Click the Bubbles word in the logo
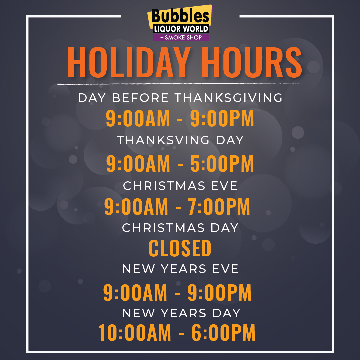pos(180,16)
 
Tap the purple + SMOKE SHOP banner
pos(181,37)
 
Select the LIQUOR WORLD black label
pos(181,29)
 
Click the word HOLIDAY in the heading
pos(129,62)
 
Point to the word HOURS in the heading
pos(252,62)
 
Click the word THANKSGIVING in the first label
pos(229,98)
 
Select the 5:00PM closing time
pos(222,163)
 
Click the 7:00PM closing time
pos(219,207)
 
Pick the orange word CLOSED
pos(180,248)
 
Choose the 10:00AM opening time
pos(135,332)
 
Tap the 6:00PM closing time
pos(223,332)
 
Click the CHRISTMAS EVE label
pos(180,186)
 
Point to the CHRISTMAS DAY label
pos(180,228)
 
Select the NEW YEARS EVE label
pos(180,269)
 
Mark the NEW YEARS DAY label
pos(181,313)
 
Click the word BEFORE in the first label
pos(140,98)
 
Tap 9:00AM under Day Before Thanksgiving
pos(138,118)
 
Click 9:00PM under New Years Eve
pos(219,292)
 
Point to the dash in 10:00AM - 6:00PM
pos(181,333)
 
